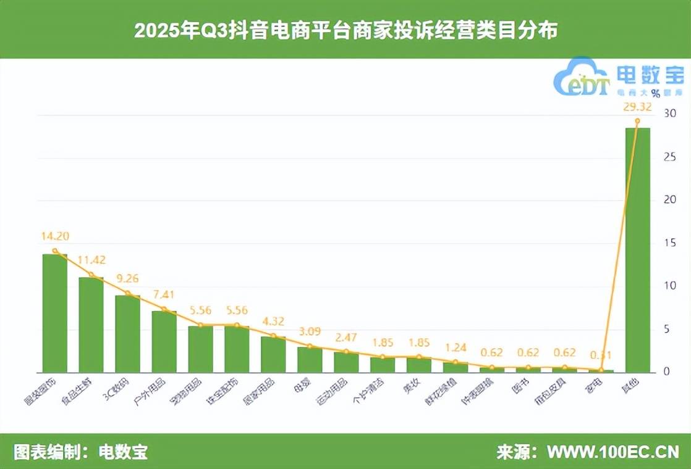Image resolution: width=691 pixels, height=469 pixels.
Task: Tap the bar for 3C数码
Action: point(127,334)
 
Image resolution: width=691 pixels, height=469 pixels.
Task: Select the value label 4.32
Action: point(273,321)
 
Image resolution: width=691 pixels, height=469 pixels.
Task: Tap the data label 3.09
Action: point(310,331)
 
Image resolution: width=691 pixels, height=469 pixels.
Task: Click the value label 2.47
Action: point(346,337)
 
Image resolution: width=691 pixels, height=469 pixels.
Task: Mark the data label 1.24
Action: point(456,347)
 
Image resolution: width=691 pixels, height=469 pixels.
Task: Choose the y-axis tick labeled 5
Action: point(667,330)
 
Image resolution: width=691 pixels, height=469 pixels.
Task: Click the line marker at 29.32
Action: point(637,121)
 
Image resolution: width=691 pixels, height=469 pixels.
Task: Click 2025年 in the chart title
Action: point(161,30)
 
